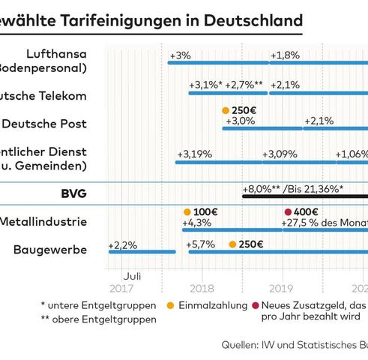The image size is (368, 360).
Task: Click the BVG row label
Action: [73, 193]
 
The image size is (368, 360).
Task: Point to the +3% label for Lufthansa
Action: [180, 55]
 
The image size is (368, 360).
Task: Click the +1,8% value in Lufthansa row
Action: [285, 55]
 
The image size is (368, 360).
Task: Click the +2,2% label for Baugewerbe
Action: [122, 245]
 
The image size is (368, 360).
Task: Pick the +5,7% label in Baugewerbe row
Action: [200, 245]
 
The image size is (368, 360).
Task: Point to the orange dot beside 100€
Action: [187, 212]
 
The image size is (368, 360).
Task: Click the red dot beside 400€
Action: [288, 212]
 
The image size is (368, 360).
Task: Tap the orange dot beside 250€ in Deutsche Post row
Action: [226, 110]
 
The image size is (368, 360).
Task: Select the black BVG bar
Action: [304, 196]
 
